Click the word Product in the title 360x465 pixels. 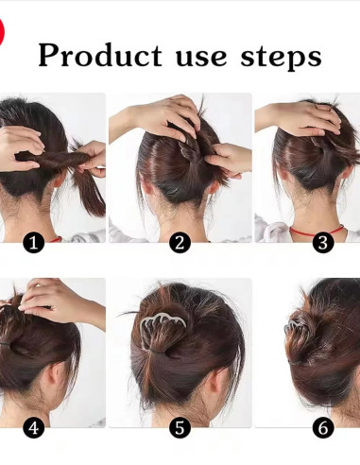(100, 56)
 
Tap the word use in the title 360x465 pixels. (201, 57)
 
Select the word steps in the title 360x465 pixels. (282, 56)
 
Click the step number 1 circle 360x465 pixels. (34, 243)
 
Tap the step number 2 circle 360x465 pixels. (180, 243)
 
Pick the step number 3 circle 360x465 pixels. (323, 243)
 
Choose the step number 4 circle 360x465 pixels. (34, 428)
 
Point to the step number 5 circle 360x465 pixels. (180, 428)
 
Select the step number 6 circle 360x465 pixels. (323, 428)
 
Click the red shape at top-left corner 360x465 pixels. (2, 31)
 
